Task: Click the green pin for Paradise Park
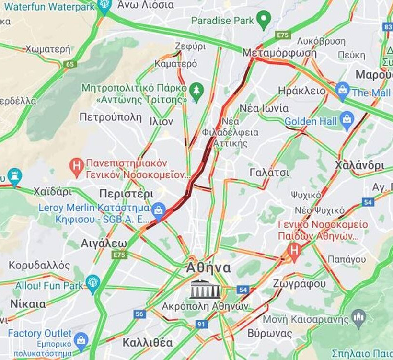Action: tap(263, 20)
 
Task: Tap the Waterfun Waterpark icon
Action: tap(104, 6)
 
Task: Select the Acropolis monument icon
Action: tap(205, 290)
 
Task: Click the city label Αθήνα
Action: tap(208, 268)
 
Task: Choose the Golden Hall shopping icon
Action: tap(347, 120)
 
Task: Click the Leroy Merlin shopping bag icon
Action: tap(158, 209)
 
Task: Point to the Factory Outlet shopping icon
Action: tap(81, 339)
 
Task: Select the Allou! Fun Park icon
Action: tap(92, 282)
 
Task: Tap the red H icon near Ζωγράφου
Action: tap(294, 249)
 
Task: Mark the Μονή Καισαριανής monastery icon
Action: tap(358, 317)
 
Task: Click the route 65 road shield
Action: tap(70, 63)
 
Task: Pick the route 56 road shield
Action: tap(139, 314)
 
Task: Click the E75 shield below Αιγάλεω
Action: tap(119, 255)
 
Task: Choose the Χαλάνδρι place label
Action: tap(359, 165)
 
